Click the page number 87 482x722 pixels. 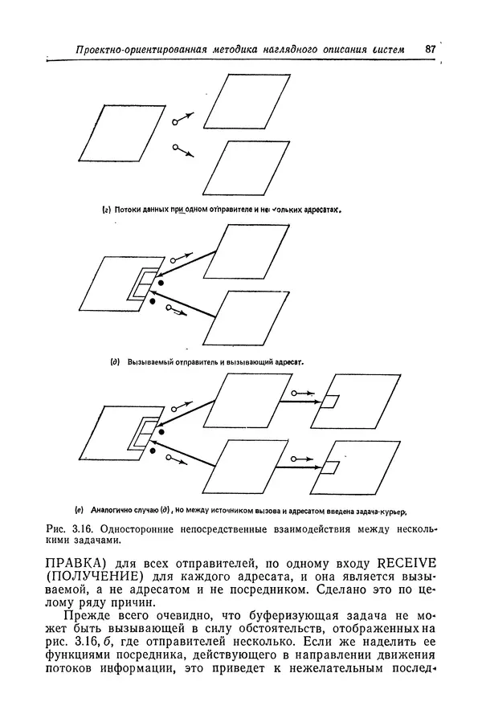point(430,49)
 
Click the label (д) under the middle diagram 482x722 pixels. point(115,361)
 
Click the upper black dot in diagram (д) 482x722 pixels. point(161,283)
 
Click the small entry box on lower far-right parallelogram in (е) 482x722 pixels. point(330,467)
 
